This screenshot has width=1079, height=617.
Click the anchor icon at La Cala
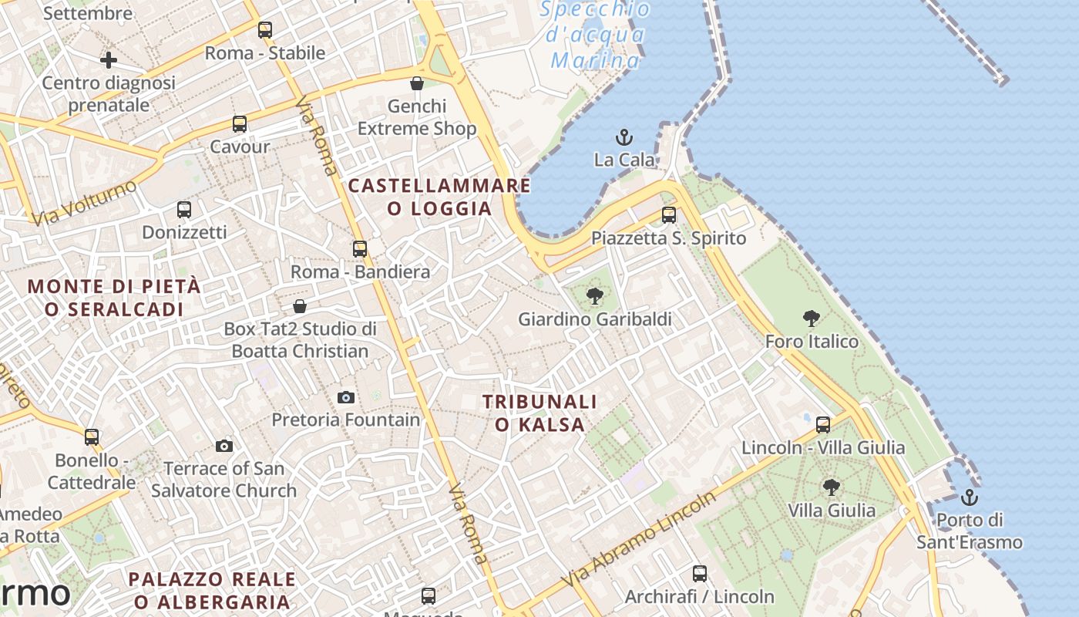(x=624, y=138)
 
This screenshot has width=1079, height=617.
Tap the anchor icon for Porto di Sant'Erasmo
(x=970, y=497)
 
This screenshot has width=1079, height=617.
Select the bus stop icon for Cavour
(x=240, y=124)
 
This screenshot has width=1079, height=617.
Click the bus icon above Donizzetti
(x=184, y=210)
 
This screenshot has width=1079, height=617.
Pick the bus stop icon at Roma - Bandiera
(x=360, y=249)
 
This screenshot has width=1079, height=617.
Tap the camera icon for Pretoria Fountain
(x=346, y=398)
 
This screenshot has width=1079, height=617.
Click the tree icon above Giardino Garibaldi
(x=594, y=296)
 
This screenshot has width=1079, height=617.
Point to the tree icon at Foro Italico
(x=811, y=319)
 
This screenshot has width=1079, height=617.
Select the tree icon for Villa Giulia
(x=831, y=487)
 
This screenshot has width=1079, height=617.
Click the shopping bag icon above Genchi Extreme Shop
(x=417, y=83)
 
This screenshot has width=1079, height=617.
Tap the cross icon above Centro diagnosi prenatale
(x=109, y=59)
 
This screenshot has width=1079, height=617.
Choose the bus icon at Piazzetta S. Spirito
(x=669, y=215)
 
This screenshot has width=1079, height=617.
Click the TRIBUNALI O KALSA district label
(x=539, y=413)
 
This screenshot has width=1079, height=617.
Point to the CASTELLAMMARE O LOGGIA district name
(x=439, y=197)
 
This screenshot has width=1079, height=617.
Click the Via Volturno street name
(x=85, y=204)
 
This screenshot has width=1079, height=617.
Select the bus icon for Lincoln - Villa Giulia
(x=823, y=424)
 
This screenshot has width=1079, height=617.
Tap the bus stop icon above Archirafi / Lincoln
(x=700, y=574)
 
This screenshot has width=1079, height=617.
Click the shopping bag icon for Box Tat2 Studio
(x=300, y=307)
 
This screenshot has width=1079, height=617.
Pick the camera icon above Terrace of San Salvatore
(x=224, y=446)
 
